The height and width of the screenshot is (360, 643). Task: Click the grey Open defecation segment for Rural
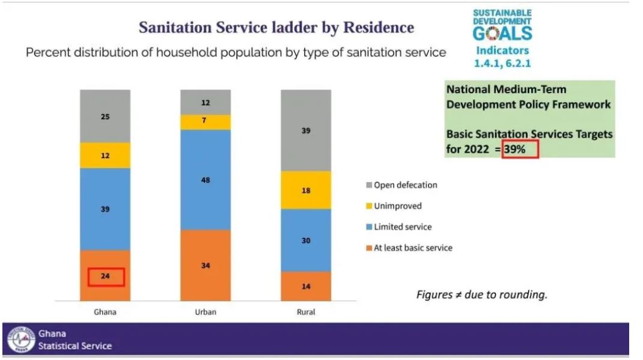coord(306,130)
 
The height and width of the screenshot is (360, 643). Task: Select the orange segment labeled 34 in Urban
coord(206,265)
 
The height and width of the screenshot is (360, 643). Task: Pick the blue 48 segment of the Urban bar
coord(206,180)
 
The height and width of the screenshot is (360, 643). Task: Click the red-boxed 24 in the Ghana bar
coord(106,277)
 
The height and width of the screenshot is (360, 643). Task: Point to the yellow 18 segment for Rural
coord(306,190)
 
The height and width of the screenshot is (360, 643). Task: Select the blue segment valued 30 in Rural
coord(306,240)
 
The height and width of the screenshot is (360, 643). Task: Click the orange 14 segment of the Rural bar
coord(306,286)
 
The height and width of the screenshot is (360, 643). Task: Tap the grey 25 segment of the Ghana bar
coord(105,116)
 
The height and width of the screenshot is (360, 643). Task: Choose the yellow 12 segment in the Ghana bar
coord(105,156)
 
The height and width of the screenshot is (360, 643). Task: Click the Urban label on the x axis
coord(206,312)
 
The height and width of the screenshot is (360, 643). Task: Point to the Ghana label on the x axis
coord(105,312)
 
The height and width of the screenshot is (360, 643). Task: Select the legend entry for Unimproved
coord(397,206)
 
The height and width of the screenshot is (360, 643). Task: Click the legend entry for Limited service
coord(402,227)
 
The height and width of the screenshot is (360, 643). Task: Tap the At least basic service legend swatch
coord(370,248)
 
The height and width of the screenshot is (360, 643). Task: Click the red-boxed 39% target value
coord(520,148)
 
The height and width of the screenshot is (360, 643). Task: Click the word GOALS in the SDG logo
coord(502,33)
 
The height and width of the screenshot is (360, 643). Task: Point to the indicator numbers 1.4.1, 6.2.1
coord(502,63)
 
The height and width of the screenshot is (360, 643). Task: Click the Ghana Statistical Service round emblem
coord(21,340)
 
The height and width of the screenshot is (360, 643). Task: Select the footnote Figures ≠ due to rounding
coord(482,295)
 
